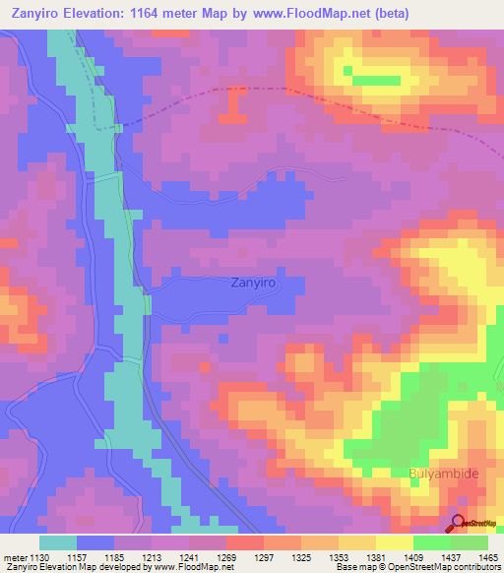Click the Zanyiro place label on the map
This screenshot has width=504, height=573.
click(x=252, y=283)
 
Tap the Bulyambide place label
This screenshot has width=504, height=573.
click(x=443, y=474)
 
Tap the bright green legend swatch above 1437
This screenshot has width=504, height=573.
click(x=431, y=543)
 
